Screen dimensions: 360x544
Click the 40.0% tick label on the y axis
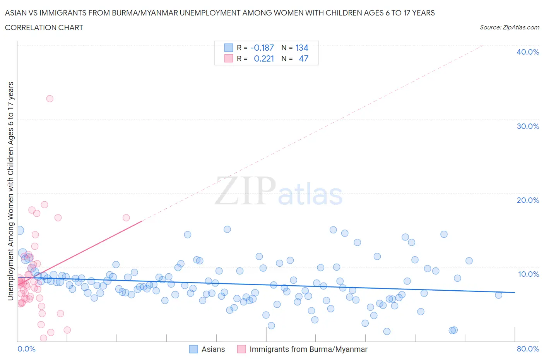pyautogui.click(x=527, y=52)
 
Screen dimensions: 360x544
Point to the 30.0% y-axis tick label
pyautogui.click(x=527, y=126)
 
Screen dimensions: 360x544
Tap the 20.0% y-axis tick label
pyautogui.click(x=527, y=200)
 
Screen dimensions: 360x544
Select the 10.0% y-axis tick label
pyautogui.click(x=528, y=274)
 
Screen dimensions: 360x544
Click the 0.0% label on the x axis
pyautogui.click(x=26, y=349)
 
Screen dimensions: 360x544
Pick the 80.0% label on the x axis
pyautogui.click(x=527, y=349)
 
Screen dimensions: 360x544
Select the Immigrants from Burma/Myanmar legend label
pyautogui.click(x=308, y=349)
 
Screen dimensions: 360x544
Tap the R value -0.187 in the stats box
pyautogui.click(x=262, y=48)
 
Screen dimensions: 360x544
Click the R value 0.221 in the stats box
pyautogui.click(x=263, y=58)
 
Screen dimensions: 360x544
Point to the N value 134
pyautogui.click(x=302, y=48)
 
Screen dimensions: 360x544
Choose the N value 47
pyautogui.click(x=303, y=58)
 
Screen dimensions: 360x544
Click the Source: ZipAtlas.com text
pyautogui.click(x=509, y=27)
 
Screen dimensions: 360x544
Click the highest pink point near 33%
pyautogui.click(x=50, y=99)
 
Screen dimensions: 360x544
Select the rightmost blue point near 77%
pyautogui.click(x=498, y=295)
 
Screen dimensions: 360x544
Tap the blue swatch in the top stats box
pyautogui.click(x=229, y=48)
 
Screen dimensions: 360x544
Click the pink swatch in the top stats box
pyautogui.click(x=229, y=58)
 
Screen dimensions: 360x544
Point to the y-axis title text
pyautogui.click(x=10, y=191)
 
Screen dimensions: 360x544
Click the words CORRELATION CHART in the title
pyautogui.click(x=44, y=27)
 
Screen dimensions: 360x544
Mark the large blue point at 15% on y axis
pyautogui.click(x=19, y=230)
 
